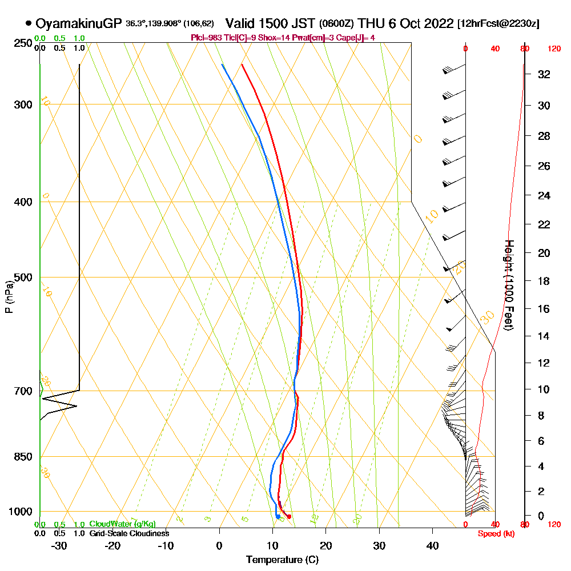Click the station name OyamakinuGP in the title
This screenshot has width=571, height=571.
tap(79, 24)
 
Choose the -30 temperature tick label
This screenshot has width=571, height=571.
tap(59, 545)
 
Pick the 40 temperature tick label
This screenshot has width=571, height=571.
tap(433, 545)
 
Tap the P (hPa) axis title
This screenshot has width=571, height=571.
tap(9, 296)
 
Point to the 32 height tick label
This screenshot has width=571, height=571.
tap(544, 74)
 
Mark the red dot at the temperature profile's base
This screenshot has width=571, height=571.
tap(289, 517)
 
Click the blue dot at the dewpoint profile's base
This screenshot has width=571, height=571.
tap(278, 517)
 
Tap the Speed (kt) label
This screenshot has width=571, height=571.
tap(494, 533)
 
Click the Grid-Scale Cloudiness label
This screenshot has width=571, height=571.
tap(129, 533)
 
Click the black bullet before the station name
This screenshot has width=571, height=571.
tap(28, 24)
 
